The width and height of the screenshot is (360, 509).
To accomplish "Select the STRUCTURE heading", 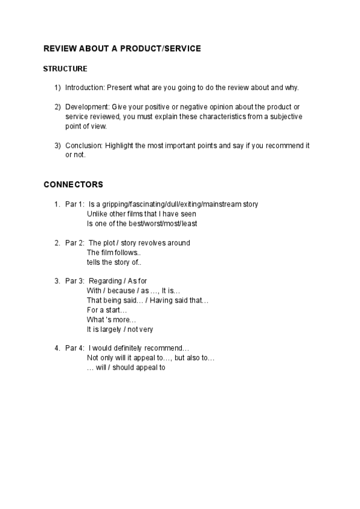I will point(65,69).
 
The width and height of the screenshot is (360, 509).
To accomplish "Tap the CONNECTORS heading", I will point(73,184).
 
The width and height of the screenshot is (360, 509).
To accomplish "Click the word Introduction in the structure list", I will point(84,88).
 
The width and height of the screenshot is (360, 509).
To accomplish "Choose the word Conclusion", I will point(83,146).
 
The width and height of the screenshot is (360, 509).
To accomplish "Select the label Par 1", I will point(74,204).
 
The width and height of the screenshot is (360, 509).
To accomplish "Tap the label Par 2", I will point(74,243).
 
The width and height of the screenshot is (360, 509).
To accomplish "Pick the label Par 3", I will point(74,281).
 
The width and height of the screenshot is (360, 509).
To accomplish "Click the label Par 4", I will point(74,348).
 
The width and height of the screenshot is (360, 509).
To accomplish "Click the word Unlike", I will point(97,214).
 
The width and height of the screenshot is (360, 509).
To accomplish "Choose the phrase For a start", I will point(107,310).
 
